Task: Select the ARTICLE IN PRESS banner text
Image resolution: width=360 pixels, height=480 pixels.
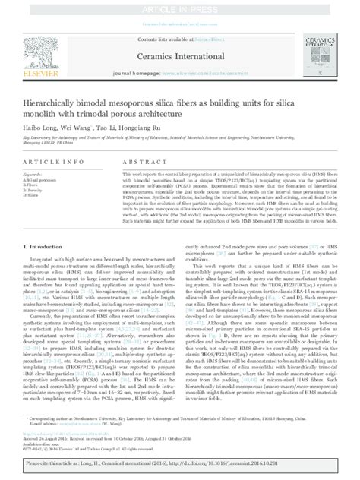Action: (x=179, y=6)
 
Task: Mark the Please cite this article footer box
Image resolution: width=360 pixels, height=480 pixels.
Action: (x=179, y=465)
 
